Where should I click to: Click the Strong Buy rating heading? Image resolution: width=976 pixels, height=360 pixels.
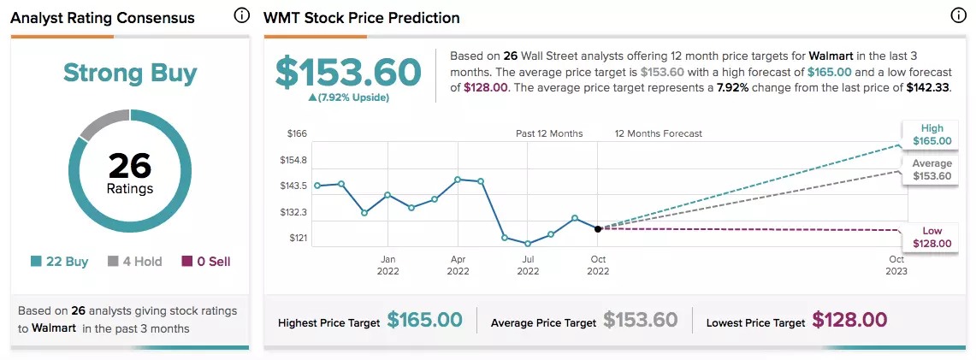coord(130,73)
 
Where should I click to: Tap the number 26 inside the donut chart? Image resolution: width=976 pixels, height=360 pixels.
coord(130,166)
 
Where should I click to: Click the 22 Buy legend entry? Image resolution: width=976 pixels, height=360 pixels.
coord(60,262)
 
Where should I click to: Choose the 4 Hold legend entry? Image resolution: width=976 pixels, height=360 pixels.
coord(134,262)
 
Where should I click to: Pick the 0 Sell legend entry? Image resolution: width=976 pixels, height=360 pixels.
coord(206,262)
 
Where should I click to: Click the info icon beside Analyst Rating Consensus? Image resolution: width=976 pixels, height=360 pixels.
coord(241,16)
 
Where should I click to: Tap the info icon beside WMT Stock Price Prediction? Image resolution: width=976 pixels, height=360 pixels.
coord(959,16)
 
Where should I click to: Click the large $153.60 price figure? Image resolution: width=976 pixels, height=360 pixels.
coord(349,73)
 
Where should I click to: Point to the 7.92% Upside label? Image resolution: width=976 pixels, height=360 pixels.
coord(349,98)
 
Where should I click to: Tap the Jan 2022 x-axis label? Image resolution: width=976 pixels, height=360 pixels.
coord(387,265)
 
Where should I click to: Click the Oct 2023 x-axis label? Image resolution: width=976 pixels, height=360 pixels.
coord(897,265)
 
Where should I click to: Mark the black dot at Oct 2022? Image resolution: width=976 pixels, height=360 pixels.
coord(598,229)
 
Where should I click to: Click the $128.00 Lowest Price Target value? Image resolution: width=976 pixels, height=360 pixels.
coord(849,320)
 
